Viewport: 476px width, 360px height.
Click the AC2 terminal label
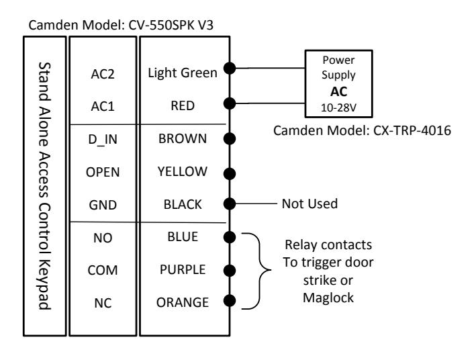[x=103, y=74]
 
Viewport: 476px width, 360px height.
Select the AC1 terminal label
[x=103, y=106]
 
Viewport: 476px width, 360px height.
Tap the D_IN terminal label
[x=103, y=140]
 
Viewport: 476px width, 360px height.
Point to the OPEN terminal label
[x=103, y=172]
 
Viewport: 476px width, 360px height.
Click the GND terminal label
[x=103, y=205]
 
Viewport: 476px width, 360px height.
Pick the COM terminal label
[x=103, y=270]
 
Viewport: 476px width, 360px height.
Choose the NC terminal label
[x=103, y=303]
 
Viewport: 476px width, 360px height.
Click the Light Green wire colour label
[x=183, y=73]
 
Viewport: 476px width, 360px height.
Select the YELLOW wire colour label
[x=183, y=171]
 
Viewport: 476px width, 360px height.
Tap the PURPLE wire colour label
[x=183, y=269]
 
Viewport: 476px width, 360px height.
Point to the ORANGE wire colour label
[x=183, y=302]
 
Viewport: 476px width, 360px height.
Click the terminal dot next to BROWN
[x=230, y=138]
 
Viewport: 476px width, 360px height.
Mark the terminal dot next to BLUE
[x=230, y=237]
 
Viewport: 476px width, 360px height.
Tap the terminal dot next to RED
[x=230, y=103]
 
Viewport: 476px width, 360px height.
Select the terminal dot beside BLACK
[x=230, y=204]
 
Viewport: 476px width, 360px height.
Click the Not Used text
[x=310, y=204]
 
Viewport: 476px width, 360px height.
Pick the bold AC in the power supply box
[x=338, y=91]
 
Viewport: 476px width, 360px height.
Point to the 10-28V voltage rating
[x=338, y=107]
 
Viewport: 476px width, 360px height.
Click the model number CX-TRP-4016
[x=412, y=130]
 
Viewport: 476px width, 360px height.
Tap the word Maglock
[x=328, y=298]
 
